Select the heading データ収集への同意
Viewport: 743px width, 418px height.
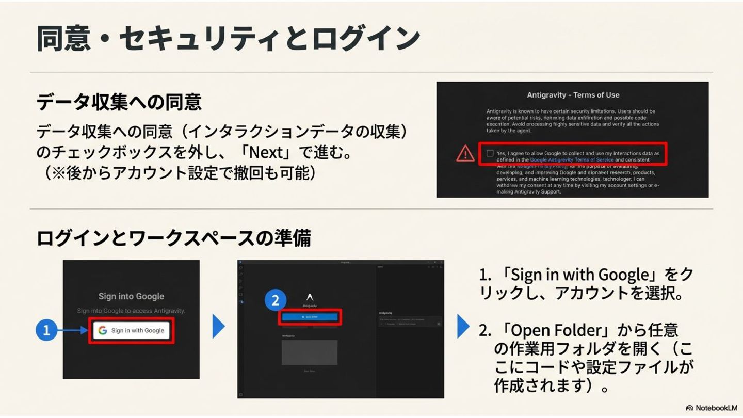click(x=119, y=102)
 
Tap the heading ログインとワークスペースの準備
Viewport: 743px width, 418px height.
click(x=173, y=238)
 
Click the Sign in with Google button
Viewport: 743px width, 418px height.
click(x=132, y=330)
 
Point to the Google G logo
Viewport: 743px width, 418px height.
click(x=103, y=330)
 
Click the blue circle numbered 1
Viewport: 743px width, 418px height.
click(x=46, y=330)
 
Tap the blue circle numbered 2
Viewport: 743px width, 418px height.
click(x=276, y=301)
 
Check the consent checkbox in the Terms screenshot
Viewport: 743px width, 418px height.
click(x=490, y=153)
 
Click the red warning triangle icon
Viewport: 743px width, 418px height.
click(x=465, y=153)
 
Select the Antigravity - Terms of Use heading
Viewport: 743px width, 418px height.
click(x=573, y=95)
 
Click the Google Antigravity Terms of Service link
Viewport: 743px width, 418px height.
click(x=572, y=160)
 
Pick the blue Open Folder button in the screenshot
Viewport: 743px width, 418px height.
click(x=310, y=317)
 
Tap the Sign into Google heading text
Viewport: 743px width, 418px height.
click(x=131, y=296)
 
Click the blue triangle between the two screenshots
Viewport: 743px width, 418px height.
click(x=219, y=327)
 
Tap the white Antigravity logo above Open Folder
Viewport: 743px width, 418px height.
click(x=310, y=297)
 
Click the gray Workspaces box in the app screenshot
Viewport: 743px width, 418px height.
click(x=310, y=352)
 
